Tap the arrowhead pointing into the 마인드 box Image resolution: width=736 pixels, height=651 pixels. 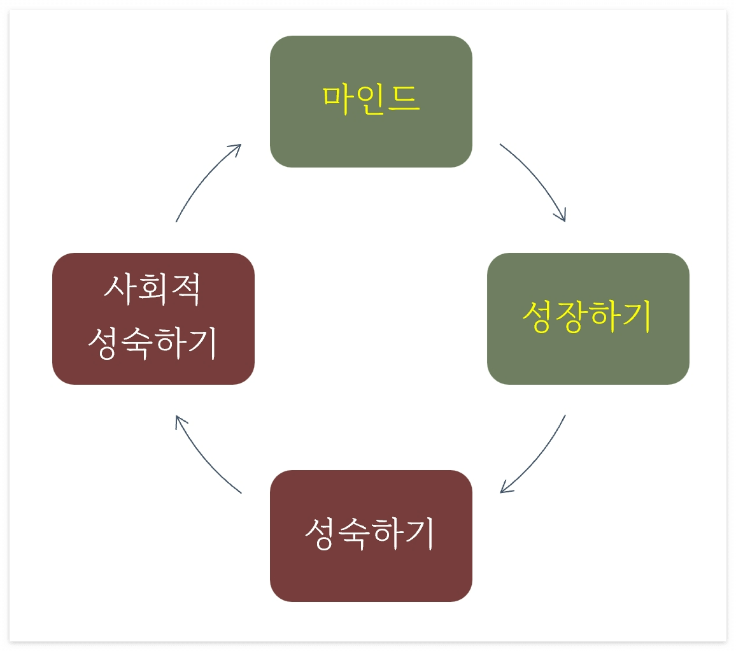tap(237, 147)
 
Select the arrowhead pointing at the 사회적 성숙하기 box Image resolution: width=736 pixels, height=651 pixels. tap(180, 420)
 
